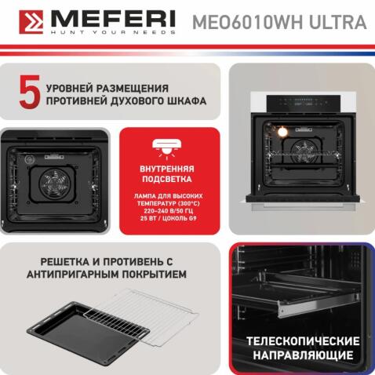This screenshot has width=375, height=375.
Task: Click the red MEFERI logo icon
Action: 31,21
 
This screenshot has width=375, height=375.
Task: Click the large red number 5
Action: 28,93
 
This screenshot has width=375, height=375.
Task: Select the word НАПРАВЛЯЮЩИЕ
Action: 303,357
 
